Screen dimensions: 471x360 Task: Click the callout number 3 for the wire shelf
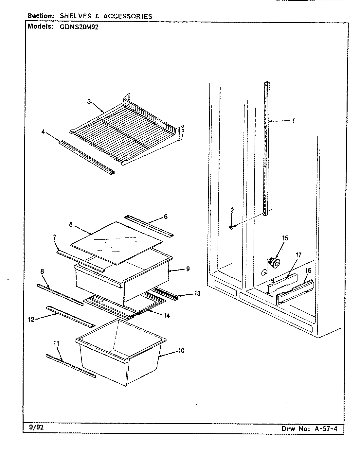tap(89, 101)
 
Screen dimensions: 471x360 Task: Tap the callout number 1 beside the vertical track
tap(294, 120)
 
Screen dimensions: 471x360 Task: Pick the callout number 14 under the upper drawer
tap(167, 316)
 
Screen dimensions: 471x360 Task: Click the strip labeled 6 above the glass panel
tap(149, 226)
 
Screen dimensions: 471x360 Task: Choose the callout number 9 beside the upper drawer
tap(188, 269)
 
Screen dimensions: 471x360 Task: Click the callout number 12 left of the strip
tap(31, 320)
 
